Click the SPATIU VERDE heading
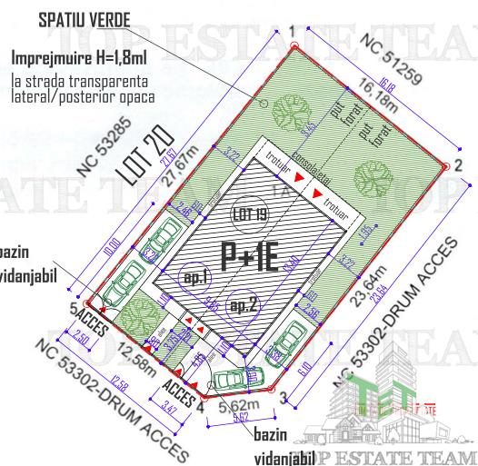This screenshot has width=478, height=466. pos(84,19)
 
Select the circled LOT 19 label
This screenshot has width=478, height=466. pos(249,215)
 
